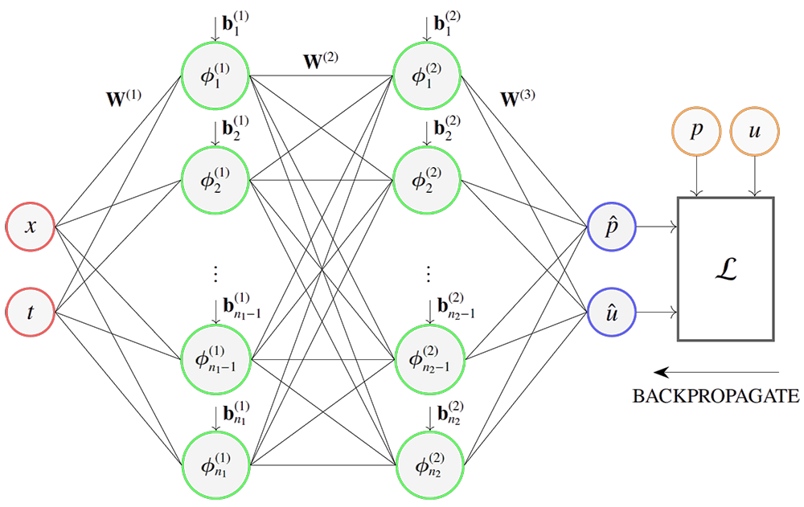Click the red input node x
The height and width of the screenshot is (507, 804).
[31, 227]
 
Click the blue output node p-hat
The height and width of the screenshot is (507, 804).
[613, 227]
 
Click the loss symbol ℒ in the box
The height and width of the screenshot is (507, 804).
[726, 271]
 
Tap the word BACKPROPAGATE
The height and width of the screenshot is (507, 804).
[715, 396]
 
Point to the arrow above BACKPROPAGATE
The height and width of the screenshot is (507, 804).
[716, 372]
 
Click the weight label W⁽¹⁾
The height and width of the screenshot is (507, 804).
[124, 98]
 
